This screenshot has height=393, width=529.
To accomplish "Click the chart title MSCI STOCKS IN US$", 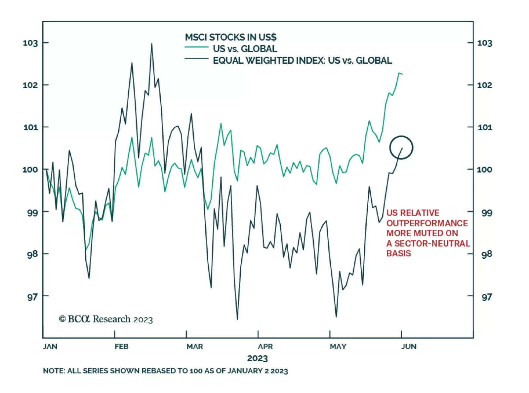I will (x=230, y=37).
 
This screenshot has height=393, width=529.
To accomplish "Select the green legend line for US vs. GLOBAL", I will (x=196, y=48).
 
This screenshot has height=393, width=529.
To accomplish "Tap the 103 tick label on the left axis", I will (x=30, y=43).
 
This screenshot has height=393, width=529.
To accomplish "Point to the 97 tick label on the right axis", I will (x=486, y=297).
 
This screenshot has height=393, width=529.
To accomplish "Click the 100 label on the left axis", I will (x=30, y=170).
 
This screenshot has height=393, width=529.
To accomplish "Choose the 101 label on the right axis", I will (x=485, y=127).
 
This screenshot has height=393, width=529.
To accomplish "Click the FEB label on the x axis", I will (x=121, y=346).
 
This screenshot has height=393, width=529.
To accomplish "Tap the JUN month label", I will (x=409, y=346).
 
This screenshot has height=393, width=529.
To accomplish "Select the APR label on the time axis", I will (x=265, y=346).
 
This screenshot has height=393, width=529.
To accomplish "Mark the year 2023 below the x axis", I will (x=257, y=358).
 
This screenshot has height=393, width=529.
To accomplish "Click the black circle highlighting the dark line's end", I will (x=401, y=147).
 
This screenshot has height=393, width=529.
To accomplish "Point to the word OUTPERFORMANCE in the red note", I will (x=427, y=223).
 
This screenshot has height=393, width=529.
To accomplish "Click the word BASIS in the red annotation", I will (x=398, y=253).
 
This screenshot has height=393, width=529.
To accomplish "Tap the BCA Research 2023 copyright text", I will (x=106, y=319).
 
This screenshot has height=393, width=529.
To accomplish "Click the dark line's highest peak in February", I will (x=151, y=44).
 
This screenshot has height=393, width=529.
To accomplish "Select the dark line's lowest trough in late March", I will (x=237, y=319).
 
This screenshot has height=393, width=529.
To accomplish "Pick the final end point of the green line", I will (x=402, y=74).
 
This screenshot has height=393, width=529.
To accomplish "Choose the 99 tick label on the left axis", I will (x=32, y=213).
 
